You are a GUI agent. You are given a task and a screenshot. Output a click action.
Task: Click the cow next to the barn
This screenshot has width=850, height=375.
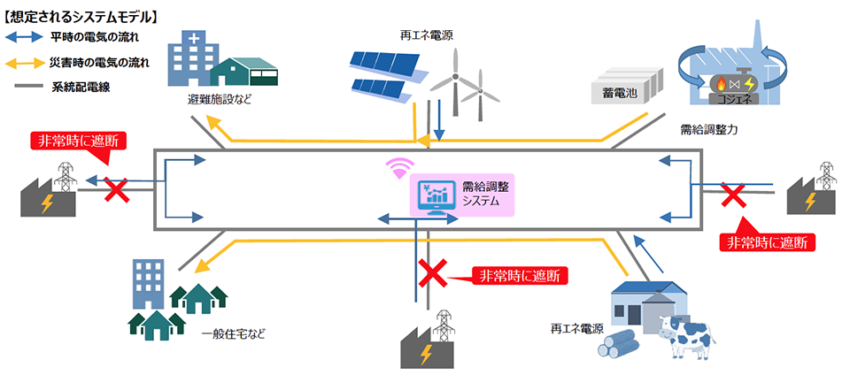point(685,335)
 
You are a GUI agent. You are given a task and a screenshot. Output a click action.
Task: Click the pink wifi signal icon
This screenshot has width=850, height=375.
point(399,168)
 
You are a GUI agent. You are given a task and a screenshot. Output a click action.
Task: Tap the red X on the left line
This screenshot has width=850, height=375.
point(117,189)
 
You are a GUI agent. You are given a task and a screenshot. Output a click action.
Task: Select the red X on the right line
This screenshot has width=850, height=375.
point(733,195)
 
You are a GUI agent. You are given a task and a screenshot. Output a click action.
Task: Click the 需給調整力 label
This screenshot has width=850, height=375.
point(706,130)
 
